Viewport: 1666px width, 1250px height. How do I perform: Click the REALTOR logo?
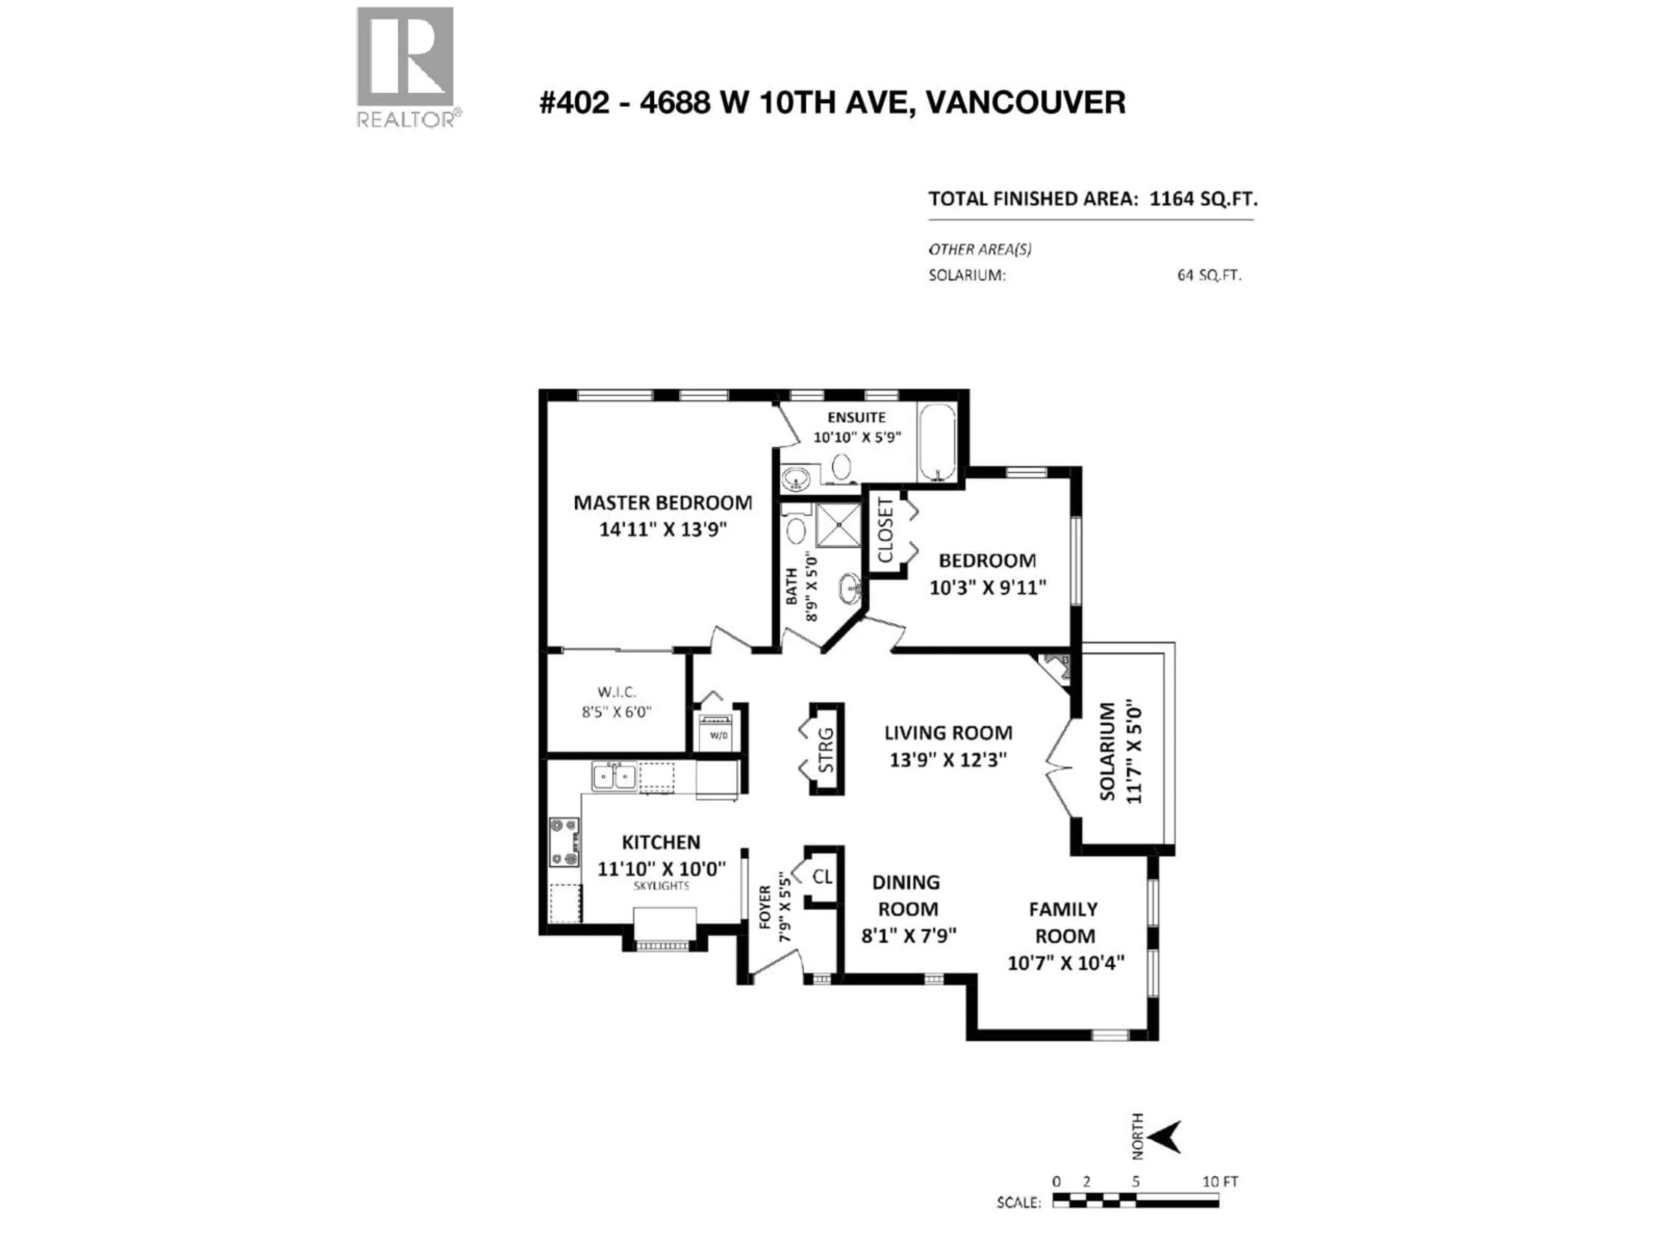coord(405,66)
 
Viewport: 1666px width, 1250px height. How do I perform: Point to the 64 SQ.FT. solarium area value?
coord(1209,276)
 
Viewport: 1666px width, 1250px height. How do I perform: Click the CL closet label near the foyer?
coord(823,876)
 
